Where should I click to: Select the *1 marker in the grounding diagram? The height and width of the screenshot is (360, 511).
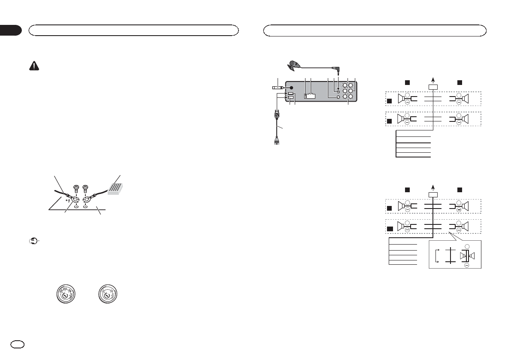(67, 200)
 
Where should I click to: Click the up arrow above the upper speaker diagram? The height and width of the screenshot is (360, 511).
(433, 80)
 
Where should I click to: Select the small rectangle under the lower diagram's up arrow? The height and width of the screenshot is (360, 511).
(433, 194)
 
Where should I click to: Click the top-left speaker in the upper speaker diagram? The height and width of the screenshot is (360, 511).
(403, 99)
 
